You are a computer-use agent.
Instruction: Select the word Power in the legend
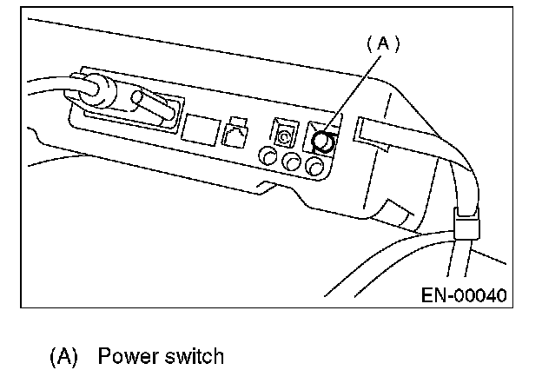pyautogui.click(x=124, y=356)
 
